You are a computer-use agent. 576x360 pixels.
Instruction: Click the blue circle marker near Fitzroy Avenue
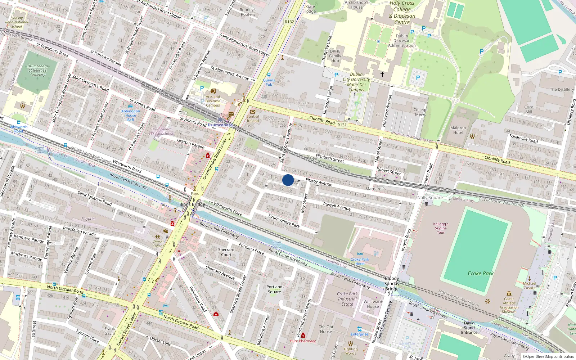(x=288, y=180)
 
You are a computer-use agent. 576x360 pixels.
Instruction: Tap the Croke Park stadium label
(x=481, y=273)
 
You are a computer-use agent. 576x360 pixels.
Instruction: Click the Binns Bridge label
(x=192, y=204)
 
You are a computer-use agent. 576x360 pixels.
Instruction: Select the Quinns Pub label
(x=269, y=82)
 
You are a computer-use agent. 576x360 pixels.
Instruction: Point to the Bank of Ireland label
(x=253, y=118)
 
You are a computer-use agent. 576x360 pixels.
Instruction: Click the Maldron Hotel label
(x=458, y=130)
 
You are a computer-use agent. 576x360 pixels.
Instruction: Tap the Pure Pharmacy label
(x=303, y=341)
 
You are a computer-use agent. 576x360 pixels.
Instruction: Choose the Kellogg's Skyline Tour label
(x=441, y=228)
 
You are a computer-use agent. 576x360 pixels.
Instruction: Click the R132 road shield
(x=289, y=22)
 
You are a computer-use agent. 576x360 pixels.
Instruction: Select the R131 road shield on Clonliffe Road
(x=342, y=125)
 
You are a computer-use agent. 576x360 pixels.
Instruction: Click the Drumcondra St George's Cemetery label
(x=38, y=70)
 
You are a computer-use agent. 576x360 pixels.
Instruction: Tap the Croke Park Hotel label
(x=360, y=261)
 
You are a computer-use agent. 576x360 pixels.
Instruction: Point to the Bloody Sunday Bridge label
(x=392, y=283)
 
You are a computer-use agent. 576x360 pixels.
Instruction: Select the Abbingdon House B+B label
(x=130, y=115)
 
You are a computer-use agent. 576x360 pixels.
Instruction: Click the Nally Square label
(x=430, y=197)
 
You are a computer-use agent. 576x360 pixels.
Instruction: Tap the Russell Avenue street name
(x=337, y=206)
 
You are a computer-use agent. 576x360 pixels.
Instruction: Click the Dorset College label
(x=158, y=244)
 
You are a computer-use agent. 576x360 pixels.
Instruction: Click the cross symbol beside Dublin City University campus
(x=382, y=75)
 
